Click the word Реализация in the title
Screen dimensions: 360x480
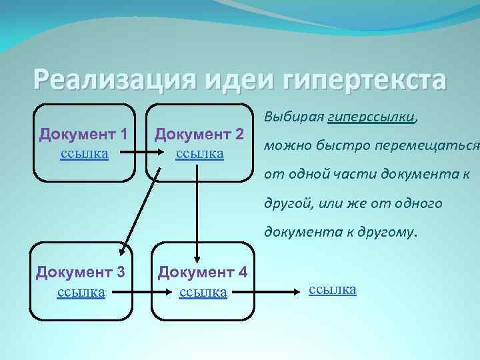click(x=111, y=80)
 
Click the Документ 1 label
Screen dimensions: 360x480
click(x=83, y=134)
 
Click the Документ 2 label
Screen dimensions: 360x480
click(x=199, y=134)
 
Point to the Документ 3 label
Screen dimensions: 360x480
click(x=81, y=272)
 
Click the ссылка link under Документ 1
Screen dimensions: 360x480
click(x=83, y=153)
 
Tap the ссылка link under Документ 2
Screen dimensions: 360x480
click(x=199, y=153)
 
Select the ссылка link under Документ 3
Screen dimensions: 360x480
click(x=81, y=291)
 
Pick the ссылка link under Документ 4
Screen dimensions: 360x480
click(x=203, y=291)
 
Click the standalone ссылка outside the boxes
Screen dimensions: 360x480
click(x=333, y=289)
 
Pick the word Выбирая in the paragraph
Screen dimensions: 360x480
click(x=295, y=117)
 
